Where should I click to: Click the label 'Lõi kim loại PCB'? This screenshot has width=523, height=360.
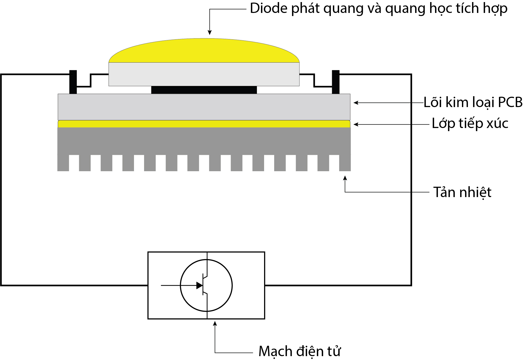pyautogui.click(x=473, y=102)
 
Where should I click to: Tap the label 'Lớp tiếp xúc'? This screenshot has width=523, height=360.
pyautogui.click(x=470, y=123)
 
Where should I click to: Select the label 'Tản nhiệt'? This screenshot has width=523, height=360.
pyautogui.click(x=462, y=192)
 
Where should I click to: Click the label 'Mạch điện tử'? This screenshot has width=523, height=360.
pyautogui.click(x=300, y=351)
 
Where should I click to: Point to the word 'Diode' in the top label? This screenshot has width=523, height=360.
pyautogui.click(x=269, y=9)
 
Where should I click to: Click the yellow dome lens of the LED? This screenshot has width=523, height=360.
pyautogui.click(x=204, y=51)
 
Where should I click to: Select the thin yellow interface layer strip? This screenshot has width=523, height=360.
pyautogui.click(x=204, y=124)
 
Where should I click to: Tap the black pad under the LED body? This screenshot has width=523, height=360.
pyautogui.click(x=204, y=90)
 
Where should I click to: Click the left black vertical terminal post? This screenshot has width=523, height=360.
pyautogui.click(x=73, y=82)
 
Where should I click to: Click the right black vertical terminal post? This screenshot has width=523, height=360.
pyautogui.click(x=336, y=82)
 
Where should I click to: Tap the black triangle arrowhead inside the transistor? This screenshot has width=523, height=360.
pyautogui.click(x=199, y=286)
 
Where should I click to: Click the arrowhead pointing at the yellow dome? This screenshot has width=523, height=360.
pyautogui.click(x=210, y=33)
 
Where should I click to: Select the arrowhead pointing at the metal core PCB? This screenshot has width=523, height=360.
pyautogui.click(x=356, y=103)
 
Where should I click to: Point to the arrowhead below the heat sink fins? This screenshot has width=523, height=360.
pyautogui.click(x=345, y=178)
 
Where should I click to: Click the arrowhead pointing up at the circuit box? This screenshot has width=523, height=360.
pyautogui.click(x=215, y=324)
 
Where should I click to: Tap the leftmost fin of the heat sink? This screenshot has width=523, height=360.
pyautogui.click(x=63, y=163)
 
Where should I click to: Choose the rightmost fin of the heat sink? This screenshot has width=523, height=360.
pyautogui.click(x=345, y=163)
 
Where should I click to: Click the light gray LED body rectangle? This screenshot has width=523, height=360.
pyautogui.click(x=204, y=74)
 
